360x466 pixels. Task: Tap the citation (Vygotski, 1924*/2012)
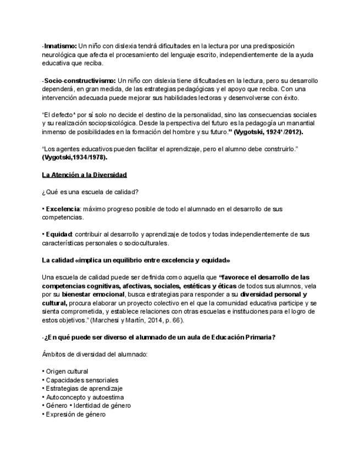(268, 132)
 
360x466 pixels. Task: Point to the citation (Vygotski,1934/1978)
(75, 158)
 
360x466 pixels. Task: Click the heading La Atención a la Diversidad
(84, 175)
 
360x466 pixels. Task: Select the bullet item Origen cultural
(67, 371)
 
